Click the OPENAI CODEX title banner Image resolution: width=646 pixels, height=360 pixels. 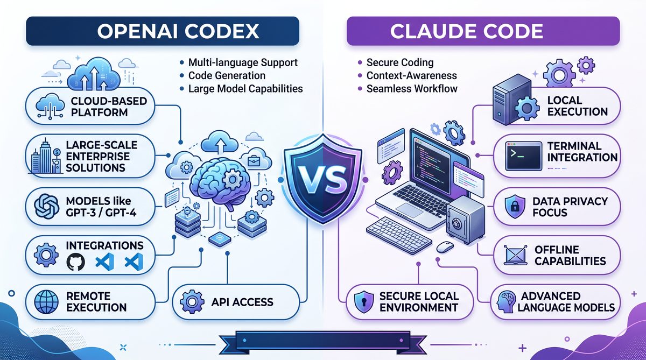[x=163, y=31]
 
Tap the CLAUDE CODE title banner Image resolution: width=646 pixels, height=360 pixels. [x=483, y=31]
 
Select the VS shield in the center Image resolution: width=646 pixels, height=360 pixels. [x=323, y=179]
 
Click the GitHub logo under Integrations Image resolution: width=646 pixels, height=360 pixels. [x=75, y=262]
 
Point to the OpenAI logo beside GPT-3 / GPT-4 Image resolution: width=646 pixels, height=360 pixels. [x=46, y=206]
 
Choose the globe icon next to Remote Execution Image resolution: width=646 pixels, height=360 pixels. [x=46, y=301]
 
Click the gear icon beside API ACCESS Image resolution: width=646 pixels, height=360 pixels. [x=192, y=302]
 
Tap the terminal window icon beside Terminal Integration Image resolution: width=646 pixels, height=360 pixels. [x=523, y=156]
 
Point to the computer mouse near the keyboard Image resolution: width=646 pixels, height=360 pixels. [x=445, y=247]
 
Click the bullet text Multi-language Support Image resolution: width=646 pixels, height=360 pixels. [x=243, y=62]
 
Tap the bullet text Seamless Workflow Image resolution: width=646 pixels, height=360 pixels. [x=412, y=88]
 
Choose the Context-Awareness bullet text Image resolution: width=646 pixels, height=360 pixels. [x=411, y=75]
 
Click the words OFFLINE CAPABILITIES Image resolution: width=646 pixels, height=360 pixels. [x=570, y=255]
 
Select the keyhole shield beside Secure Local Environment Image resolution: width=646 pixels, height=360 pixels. [x=364, y=302]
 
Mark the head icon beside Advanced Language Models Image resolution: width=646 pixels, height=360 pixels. [x=506, y=302]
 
